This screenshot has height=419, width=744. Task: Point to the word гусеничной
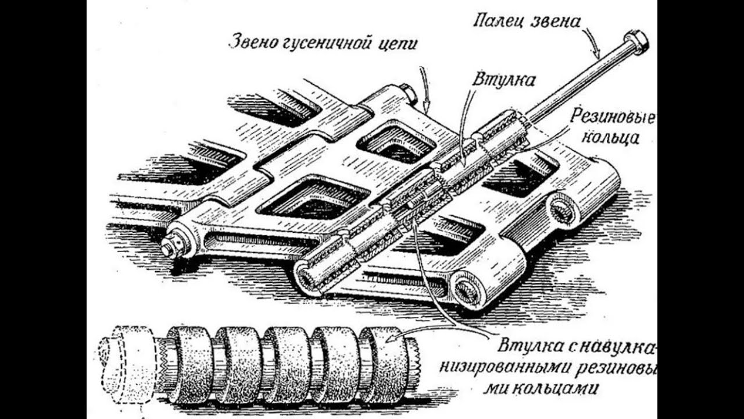[331, 44]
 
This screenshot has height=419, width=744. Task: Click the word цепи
[400, 44]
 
